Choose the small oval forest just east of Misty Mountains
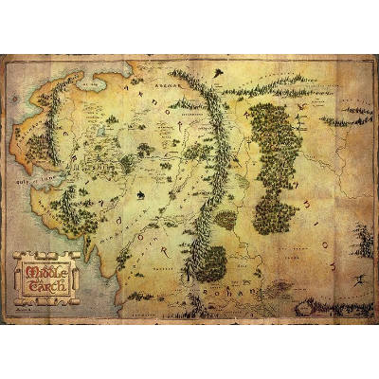(x=225, y=219)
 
